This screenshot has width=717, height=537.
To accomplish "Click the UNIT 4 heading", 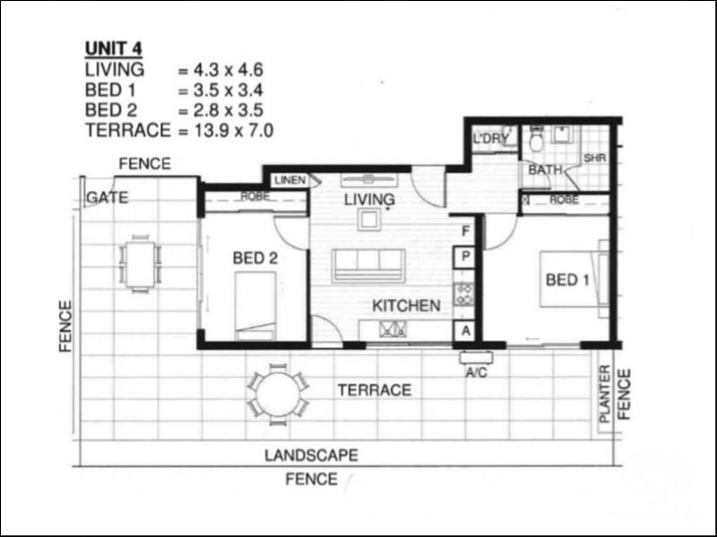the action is point(114,48).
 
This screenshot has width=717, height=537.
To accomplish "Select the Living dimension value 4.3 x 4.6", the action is point(229,70).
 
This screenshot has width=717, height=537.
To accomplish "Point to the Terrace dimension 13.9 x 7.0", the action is point(234,131).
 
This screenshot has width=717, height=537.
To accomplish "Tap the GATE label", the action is point(107,197).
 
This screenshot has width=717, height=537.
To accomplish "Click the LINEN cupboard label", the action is point(289,180).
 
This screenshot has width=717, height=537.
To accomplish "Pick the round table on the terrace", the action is point(278,395).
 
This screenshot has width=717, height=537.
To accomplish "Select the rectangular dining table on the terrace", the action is point(140,264).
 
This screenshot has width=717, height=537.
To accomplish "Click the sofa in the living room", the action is point(368,265).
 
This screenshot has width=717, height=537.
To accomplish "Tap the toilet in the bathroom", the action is point(536,141).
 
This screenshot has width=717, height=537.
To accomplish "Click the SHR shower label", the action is point(595,158).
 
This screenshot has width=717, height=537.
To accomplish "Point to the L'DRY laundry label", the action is point(490,138).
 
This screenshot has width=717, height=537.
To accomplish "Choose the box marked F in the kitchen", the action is point(465,231).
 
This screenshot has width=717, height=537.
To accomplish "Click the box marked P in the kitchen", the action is point(465,257).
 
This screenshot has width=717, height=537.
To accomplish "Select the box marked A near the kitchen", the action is point(465,330).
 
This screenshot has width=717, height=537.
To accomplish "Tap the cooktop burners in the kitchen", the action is point(463,294).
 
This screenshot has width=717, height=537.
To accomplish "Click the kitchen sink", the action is point(393,328).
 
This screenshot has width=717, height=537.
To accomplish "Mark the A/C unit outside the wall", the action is point(477,357).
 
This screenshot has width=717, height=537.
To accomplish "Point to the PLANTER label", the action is point(604,394).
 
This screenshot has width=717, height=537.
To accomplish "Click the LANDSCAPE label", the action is point(311,456).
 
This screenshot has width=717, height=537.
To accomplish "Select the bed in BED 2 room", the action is point(255,306).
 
